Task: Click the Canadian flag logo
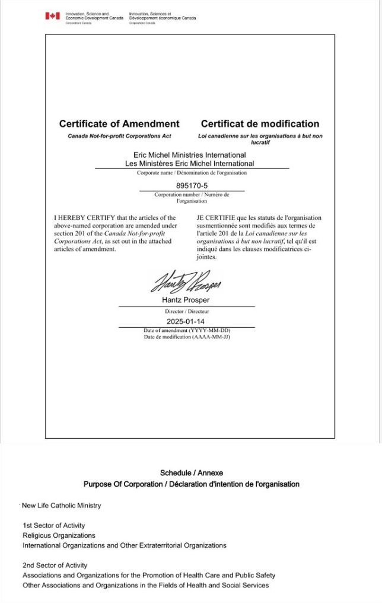[x=53, y=16]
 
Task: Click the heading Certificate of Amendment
[x=119, y=124]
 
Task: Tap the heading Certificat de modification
[x=260, y=124]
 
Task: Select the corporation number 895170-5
[x=192, y=186]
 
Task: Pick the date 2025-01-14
[x=187, y=321]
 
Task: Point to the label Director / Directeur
[x=187, y=311]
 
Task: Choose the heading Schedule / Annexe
[x=191, y=473]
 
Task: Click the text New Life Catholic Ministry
[x=61, y=506]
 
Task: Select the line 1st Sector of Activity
[x=53, y=525]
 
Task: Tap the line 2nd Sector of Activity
[x=55, y=565]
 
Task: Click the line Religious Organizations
[x=59, y=535]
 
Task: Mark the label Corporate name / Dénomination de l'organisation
[x=192, y=173]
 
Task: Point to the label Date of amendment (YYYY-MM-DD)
[x=187, y=330]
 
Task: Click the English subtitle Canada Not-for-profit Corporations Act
[x=119, y=136]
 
